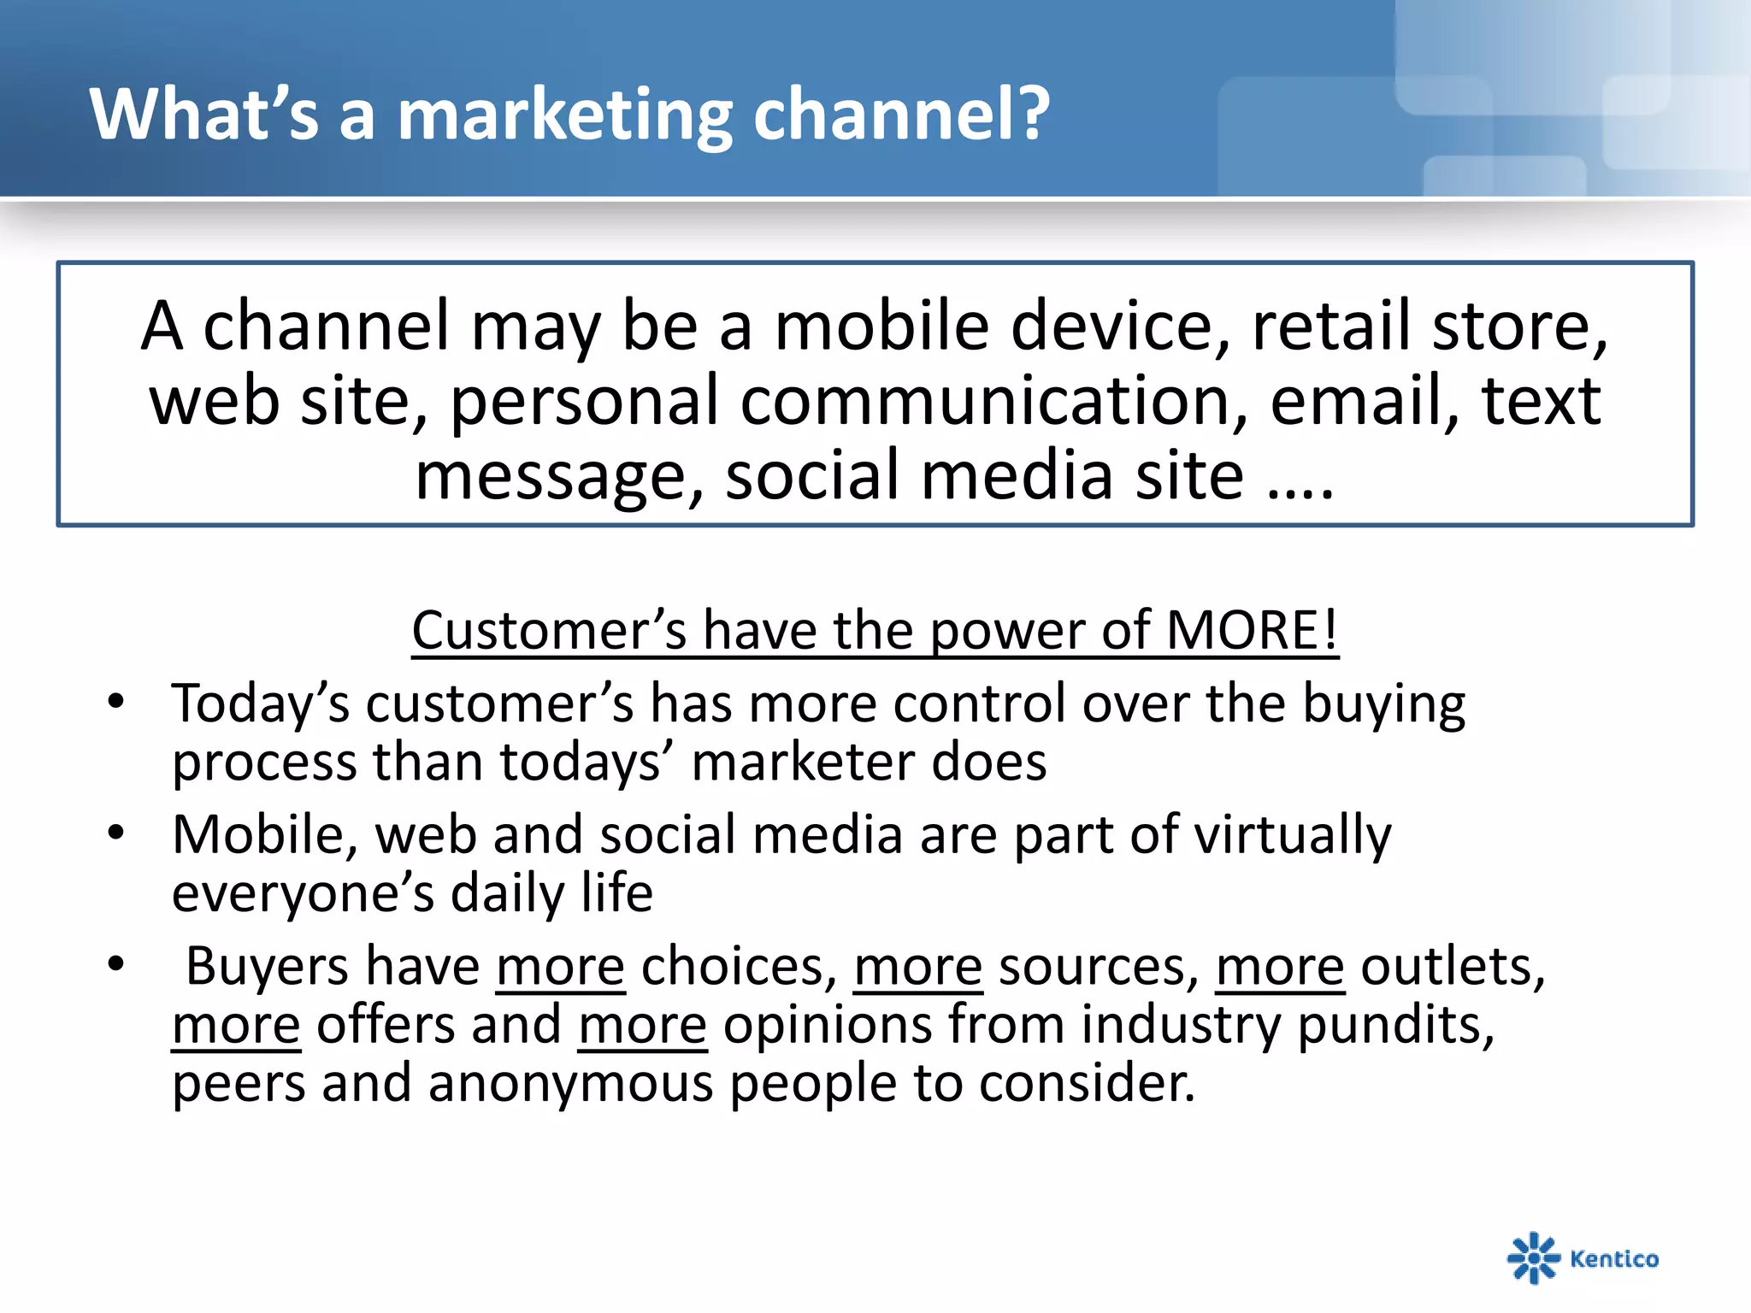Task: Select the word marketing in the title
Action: click(564, 115)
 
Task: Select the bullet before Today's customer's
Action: click(116, 703)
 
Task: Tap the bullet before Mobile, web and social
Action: click(116, 833)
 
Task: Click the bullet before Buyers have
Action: click(116, 964)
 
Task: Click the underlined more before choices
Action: click(561, 968)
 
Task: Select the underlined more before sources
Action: click(918, 968)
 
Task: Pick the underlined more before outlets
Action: click(1280, 968)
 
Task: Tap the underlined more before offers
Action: click(237, 1026)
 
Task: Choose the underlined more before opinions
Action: click(643, 1026)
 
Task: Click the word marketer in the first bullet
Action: click(802, 762)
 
